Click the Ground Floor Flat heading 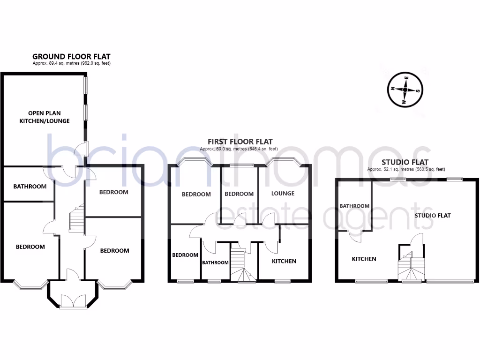[71, 57]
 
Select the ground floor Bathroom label [30, 187]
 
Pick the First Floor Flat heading [240, 142]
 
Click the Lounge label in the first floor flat [283, 194]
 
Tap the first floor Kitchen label [285, 261]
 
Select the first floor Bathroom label [215, 262]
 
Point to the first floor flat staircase [241, 265]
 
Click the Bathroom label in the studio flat [354, 206]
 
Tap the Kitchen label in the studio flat [364, 259]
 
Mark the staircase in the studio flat [411, 268]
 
